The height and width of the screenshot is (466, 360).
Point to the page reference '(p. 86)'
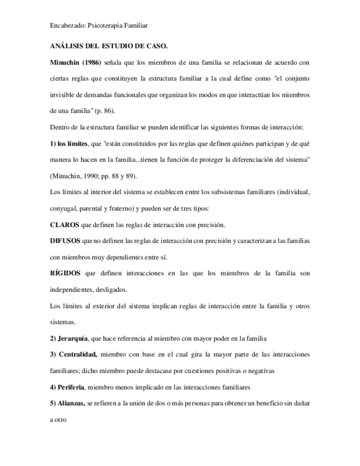pos(103,111)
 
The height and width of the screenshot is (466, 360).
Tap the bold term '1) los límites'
pos(69,143)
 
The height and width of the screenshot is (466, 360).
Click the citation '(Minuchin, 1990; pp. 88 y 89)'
pos(93,176)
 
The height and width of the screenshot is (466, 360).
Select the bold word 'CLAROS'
pos(65,225)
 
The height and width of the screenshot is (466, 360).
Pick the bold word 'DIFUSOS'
pos(65,241)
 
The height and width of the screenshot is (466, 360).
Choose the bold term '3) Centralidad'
pos(74,354)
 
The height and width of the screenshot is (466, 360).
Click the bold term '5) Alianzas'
pos(68,403)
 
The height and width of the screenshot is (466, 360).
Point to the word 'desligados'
pos(112,290)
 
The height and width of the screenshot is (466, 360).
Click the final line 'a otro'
pos(58,419)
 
